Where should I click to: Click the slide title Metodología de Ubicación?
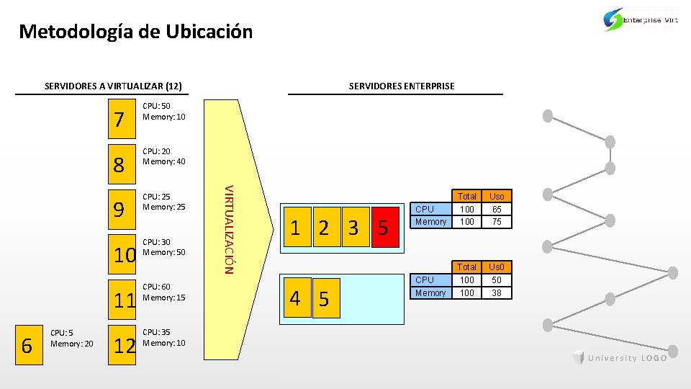(x=136, y=32)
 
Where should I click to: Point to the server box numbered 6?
(x=27, y=345)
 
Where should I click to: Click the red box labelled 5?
(x=383, y=228)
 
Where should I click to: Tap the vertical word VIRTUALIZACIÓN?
(x=228, y=229)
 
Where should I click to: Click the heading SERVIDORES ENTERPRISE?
(x=402, y=86)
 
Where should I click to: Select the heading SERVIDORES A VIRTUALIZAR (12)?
(x=112, y=86)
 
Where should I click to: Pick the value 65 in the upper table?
(x=497, y=209)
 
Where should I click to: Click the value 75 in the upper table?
(x=497, y=222)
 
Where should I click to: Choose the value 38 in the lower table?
(x=497, y=293)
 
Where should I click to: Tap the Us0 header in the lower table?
(x=497, y=267)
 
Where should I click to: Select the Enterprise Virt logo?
(x=640, y=20)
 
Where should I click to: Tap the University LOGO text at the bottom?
(x=620, y=358)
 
